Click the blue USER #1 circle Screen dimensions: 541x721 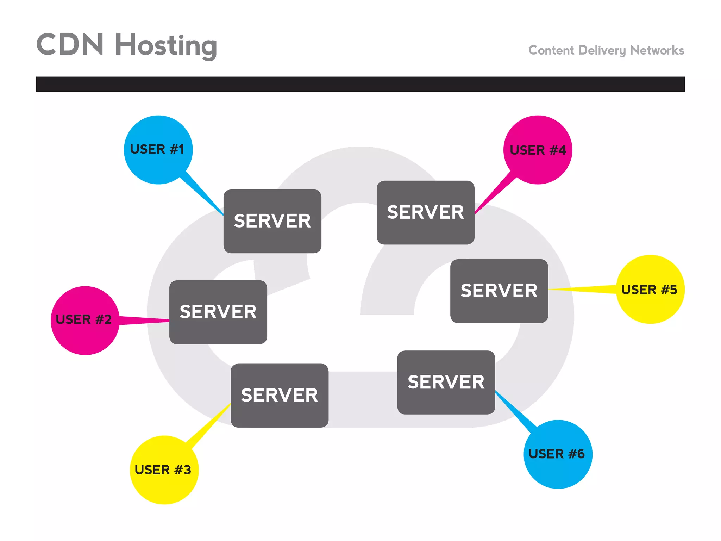[158, 149]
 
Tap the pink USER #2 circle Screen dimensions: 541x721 [85, 320]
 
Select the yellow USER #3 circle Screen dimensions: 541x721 [164, 470]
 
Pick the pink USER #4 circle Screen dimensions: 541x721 [538, 150]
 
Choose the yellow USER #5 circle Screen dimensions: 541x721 [650, 289]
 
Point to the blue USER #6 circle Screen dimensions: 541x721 [558, 454]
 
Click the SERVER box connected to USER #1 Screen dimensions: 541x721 [272, 221]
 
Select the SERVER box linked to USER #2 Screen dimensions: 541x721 [218, 312]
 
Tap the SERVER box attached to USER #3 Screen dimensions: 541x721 [280, 395]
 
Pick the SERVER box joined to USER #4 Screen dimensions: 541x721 [425, 212]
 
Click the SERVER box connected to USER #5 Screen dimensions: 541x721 [499, 291]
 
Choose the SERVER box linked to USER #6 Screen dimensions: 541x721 [446, 382]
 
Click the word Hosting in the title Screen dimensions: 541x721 [166, 46]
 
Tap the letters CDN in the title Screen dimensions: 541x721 [70, 44]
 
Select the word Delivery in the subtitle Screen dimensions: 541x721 [602, 50]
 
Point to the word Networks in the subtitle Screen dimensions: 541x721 [657, 50]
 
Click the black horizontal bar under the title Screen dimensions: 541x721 [360, 84]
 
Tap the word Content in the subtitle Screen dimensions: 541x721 [551, 50]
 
